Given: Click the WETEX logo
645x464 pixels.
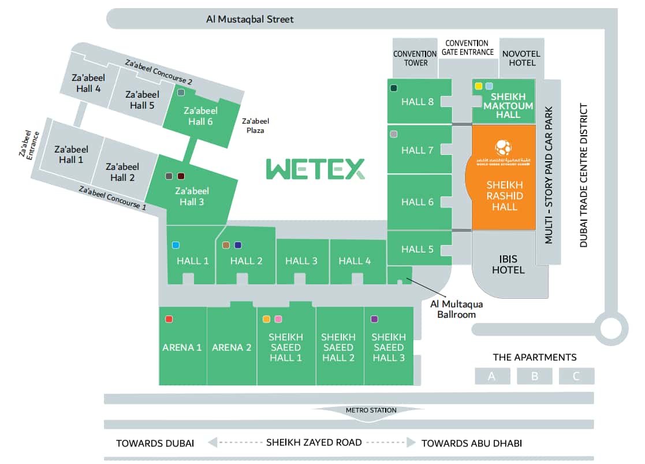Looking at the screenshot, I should point(315,169).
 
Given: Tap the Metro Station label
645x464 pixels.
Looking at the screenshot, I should point(371,410).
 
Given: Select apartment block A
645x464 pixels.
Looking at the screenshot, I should point(492,376).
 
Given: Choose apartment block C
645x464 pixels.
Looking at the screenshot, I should point(576,376).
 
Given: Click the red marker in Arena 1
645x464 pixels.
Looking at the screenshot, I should point(169,319).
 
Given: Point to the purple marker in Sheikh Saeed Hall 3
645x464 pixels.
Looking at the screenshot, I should point(374,319).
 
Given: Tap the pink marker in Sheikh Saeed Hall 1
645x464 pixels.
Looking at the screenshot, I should point(278,319).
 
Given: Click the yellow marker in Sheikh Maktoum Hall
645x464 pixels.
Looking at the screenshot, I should point(478,86).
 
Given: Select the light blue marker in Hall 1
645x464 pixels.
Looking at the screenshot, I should point(176,245).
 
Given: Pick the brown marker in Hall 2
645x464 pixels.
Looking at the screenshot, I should point(226,245).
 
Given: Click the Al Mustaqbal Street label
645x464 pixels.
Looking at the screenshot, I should point(250,19).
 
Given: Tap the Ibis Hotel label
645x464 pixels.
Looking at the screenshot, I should point(509,264).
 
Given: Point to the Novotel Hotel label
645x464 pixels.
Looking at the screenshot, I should point(521,58).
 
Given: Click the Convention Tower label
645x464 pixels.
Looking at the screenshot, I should point(415,58).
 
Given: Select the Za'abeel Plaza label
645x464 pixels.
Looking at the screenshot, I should point(255,125).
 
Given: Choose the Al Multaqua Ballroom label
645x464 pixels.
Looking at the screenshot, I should point(456,309).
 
